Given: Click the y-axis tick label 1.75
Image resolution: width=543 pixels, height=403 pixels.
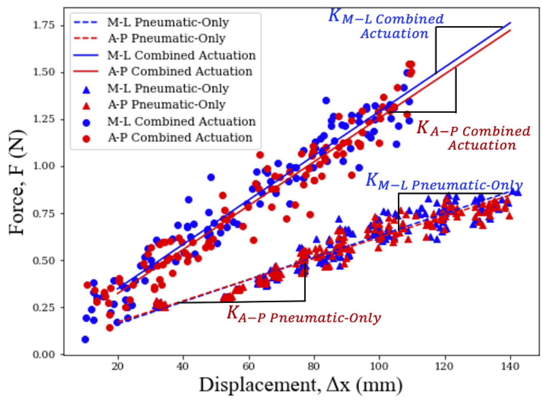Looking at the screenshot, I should [x=44, y=26].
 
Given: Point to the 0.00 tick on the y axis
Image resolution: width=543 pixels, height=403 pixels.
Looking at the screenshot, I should [x=44, y=355].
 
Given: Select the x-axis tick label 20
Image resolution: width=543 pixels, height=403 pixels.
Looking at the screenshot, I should [x=118, y=366].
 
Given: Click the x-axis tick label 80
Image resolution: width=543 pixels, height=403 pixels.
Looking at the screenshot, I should [x=314, y=366].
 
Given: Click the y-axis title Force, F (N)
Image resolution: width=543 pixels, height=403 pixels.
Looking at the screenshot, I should [x=17, y=182].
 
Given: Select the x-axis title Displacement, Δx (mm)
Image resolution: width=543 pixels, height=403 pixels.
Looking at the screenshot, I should [x=300, y=385].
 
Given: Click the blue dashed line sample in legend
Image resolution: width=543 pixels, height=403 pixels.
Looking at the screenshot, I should [x=86, y=23].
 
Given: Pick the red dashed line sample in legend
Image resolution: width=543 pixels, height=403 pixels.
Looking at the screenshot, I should [x=86, y=39].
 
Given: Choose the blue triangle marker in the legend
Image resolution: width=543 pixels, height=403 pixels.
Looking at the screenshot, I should [x=86, y=90].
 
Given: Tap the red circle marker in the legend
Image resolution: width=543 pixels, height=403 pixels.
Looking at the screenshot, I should [x=86, y=138].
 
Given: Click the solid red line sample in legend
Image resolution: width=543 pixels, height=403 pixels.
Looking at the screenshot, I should [x=86, y=72].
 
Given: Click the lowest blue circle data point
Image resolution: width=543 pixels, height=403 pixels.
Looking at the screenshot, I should [x=85, y=339].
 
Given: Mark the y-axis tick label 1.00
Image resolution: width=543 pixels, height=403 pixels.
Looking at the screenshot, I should [x=44, y=166].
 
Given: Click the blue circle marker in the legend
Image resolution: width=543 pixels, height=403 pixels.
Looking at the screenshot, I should [x=86, y=122].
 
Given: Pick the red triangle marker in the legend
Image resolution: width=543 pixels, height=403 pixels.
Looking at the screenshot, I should [x=86, y=106].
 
